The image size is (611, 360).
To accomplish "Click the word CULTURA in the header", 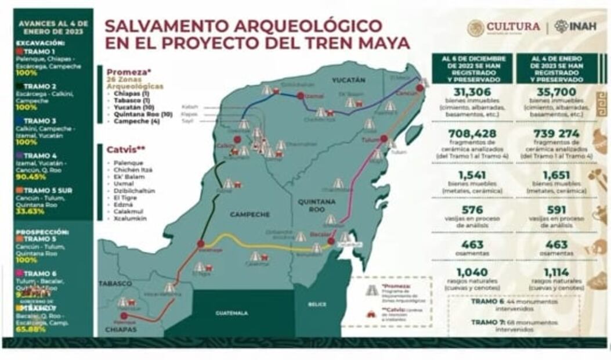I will coord(513,27).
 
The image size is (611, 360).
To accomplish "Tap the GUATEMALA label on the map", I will coord(232,313).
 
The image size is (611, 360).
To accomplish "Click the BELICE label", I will coord(317,304).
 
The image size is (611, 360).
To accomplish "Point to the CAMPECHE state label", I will coord(250,214).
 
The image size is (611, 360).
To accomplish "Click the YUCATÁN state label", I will coord(349,80).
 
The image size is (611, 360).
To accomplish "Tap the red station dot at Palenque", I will coord(124,316).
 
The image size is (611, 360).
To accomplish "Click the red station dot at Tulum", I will coord(384,139).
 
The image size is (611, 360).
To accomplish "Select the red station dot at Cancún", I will coord(420,88).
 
